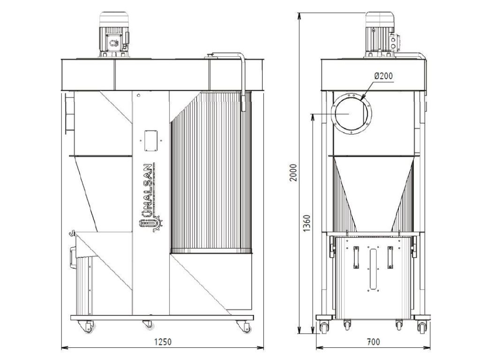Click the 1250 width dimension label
click(x=163, y=342)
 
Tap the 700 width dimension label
click(x=373, y=342)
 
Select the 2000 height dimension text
click(x=293, y=172)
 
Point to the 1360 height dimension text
click(x=307, y=223)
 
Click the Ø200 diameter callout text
click(x=383, y=75)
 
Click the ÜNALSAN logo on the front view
click(x=150, y=197)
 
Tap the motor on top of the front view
click(x=114, y=35)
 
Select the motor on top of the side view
click(x=382, y=35)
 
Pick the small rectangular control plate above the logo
click(x=151, y=141)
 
